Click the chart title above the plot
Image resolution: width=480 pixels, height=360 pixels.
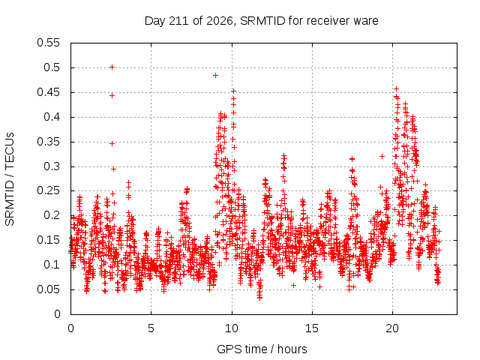(262, 21)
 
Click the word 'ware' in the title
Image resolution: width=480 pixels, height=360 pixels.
(365, 22)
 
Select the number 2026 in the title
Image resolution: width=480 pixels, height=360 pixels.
(220, 21)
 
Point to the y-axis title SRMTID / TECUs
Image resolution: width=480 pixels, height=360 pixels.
(10, 179)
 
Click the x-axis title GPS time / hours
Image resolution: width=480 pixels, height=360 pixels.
(262, 349)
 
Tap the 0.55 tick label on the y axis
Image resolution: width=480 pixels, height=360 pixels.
(48, 43)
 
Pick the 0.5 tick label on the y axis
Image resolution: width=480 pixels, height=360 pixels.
(52, 67)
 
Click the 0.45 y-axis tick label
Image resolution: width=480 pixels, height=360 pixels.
(48, 92)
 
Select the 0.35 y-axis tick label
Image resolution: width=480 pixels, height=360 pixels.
(48, 142)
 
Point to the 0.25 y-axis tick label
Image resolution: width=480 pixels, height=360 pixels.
(48, 191)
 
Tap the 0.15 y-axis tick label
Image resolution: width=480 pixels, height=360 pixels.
(48, 240)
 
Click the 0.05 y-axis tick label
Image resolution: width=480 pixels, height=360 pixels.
(48, 289)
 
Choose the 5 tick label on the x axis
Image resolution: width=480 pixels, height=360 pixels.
(151, 328)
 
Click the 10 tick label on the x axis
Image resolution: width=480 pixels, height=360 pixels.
(232, 328)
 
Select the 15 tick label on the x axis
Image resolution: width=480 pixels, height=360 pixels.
(312, 328)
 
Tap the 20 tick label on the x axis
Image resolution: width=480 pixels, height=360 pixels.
(392, 328)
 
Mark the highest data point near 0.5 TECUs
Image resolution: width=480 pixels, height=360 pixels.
(112, 67)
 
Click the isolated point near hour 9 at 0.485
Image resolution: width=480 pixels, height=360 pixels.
(215, 75)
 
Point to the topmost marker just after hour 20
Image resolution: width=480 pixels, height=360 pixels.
(396, 89)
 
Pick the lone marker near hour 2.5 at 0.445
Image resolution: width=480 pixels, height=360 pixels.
(112, 96)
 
